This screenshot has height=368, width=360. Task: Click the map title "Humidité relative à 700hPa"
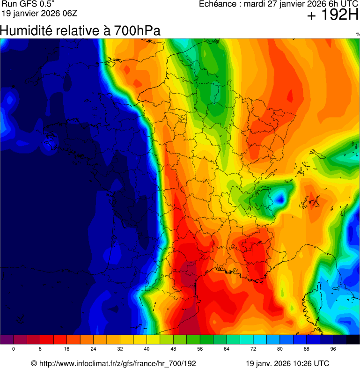(80, 31)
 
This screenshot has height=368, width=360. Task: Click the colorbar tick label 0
(13, 349)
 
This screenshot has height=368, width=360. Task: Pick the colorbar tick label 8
(40, 349)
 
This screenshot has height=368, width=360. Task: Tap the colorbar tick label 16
(67, 349)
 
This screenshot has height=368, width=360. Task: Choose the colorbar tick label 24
(94, 349)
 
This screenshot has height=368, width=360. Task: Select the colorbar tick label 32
(120, 349)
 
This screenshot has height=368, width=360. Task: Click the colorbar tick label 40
(147, 349)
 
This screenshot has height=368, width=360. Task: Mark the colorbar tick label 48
(174, 349)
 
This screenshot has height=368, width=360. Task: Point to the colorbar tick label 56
(200, 349)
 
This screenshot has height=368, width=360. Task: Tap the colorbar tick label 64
(227, 349)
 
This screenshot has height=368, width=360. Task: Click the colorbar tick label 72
(253, 349)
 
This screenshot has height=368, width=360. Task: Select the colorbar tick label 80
(280, 349)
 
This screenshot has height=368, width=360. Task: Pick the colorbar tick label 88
(307, 349)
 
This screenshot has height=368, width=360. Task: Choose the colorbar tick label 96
(333, 349)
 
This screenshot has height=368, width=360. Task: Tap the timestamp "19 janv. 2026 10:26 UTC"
(287, 363)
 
